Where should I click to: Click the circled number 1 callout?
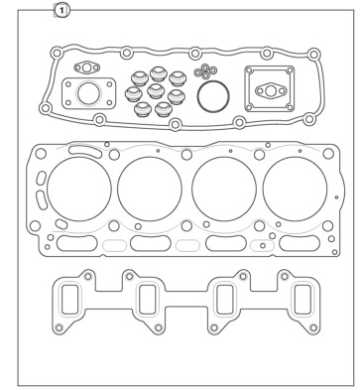61,11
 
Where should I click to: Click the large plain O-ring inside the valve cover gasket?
213,81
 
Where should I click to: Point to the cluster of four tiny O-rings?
205,71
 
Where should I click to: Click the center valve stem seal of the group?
156,91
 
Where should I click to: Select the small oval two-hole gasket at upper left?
86,67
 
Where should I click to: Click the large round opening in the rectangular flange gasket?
88,93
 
